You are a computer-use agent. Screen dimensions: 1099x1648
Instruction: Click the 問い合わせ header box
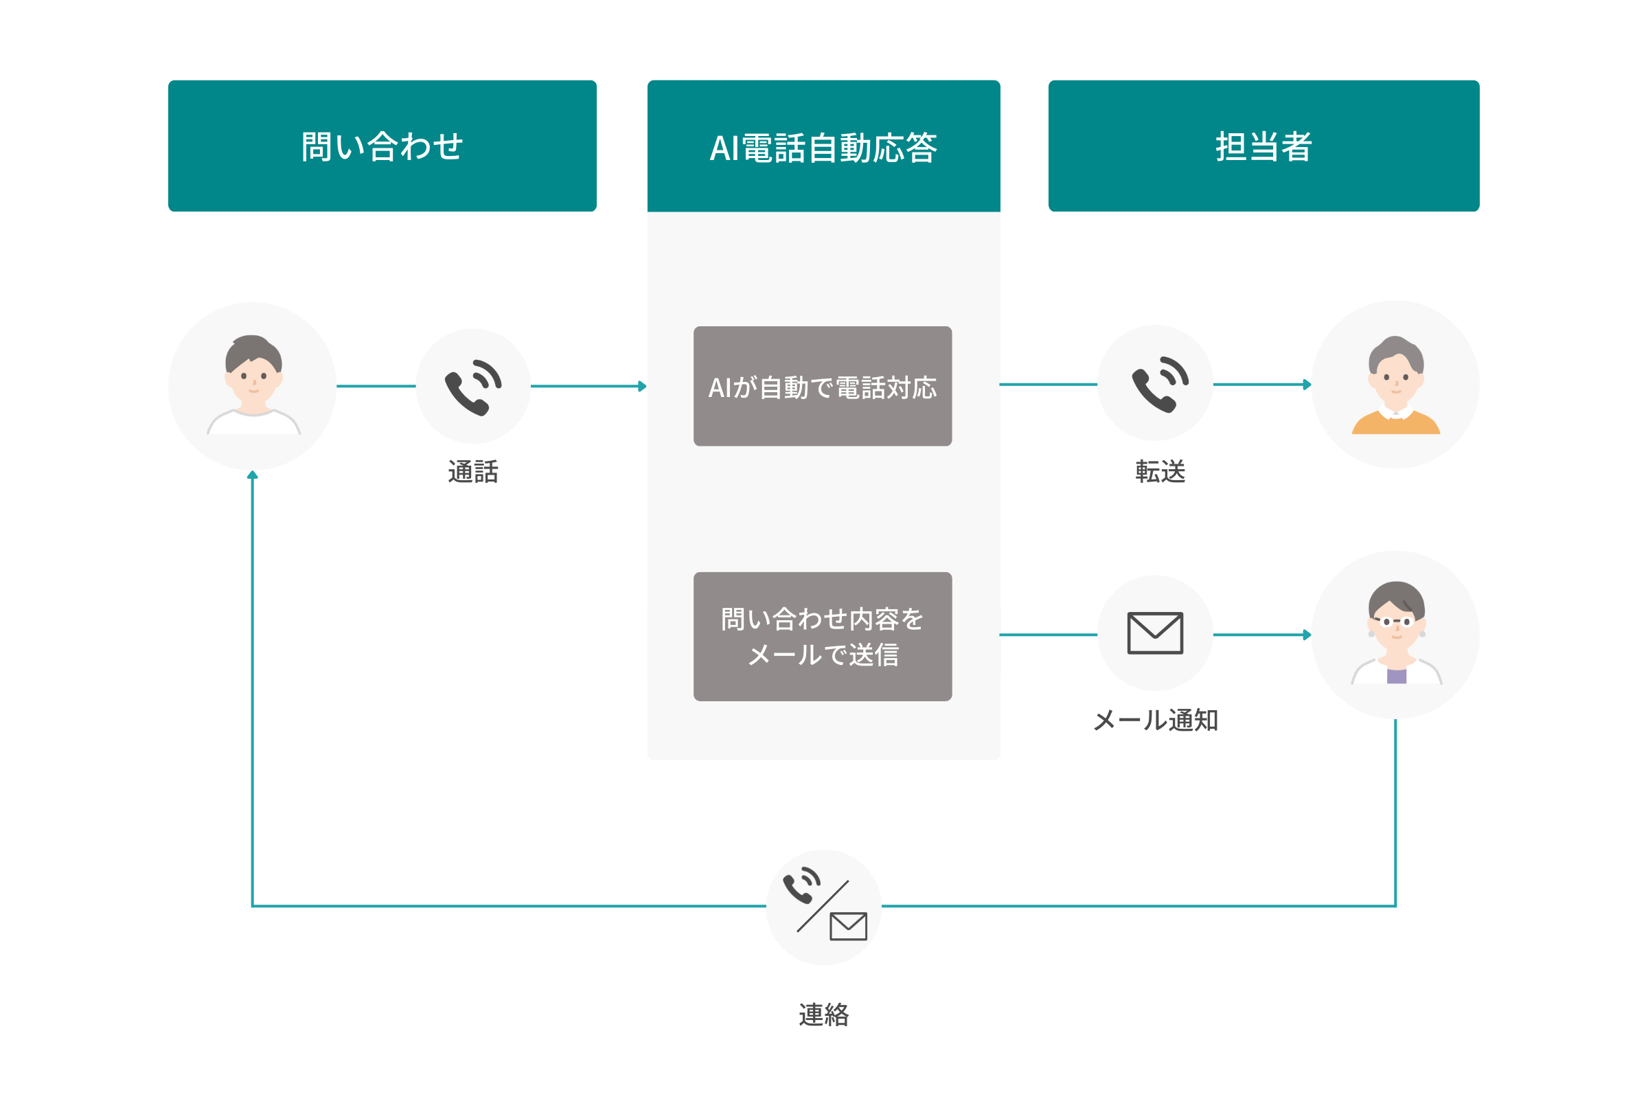click(382, 146)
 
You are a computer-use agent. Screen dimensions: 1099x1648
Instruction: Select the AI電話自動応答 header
click(823, 146)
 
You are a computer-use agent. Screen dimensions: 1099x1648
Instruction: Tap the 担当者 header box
click(1263, 146)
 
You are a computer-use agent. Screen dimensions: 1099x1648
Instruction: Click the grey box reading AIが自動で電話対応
click(823, 386)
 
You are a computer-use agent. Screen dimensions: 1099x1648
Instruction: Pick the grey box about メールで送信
click(823, 637)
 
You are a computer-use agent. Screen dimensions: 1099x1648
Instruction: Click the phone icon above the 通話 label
click(473, 386)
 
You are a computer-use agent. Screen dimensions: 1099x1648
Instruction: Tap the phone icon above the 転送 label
click(1160, 383)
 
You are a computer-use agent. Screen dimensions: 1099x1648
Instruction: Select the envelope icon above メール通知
click(1155, 633)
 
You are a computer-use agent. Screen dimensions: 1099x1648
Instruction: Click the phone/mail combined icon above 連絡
click(824, 906)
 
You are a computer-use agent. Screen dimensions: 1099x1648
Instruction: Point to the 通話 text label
click(473, 472)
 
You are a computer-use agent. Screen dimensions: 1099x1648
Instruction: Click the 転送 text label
click(1160, 472)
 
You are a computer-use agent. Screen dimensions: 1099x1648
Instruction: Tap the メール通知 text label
click(1156, 721)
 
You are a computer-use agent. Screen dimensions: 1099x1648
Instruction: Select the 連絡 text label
click(824, 1015)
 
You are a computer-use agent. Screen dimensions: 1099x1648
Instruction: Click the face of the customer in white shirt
click(253, 378)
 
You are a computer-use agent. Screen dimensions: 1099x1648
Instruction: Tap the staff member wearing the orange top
click(1395, 385)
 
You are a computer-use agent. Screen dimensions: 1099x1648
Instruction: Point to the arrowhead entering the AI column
click(642, 386)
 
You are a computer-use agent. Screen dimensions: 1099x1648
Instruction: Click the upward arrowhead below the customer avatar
click(252, 475)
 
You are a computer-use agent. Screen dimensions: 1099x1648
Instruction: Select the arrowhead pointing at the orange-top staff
click(1307, 384)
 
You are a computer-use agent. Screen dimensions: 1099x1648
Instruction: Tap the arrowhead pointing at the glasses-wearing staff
click(1307, 635)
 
